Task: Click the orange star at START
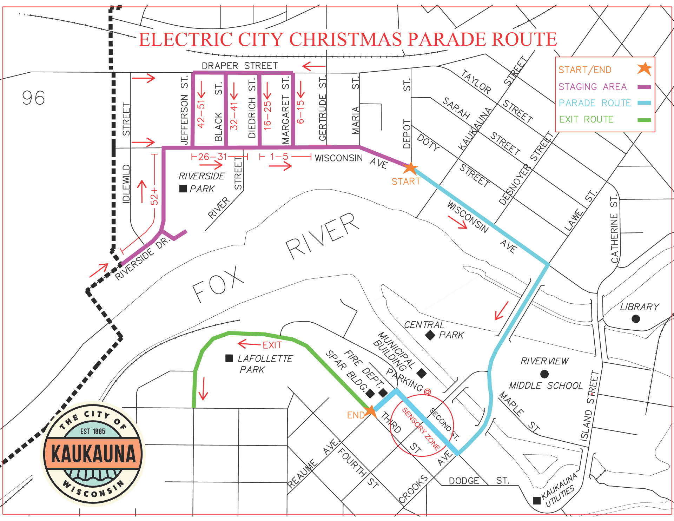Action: [x=410, y=168]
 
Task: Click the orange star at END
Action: [x=371, y=410]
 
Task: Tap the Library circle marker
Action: [x=635, y=319]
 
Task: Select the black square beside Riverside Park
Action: [x=183, y=189]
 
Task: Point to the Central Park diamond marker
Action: [x=430, y=335]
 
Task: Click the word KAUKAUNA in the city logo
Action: [x=93, y=454]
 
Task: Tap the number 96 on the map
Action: [x=33, y=98]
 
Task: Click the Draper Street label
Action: [x=239, y=66]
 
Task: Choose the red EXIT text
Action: [x=272, y=345]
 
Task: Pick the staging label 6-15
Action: [x=300, y=112]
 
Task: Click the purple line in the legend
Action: [x=644, y=87]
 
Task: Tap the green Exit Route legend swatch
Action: [x=644, y=120]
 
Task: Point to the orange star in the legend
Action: [x=645, y=69]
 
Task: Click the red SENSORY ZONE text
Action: [x=421, y=429]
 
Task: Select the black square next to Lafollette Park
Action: [x=229, y=358]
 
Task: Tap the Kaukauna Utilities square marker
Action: [x=537, y=500]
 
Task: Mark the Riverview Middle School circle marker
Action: [x=544, y=374]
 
